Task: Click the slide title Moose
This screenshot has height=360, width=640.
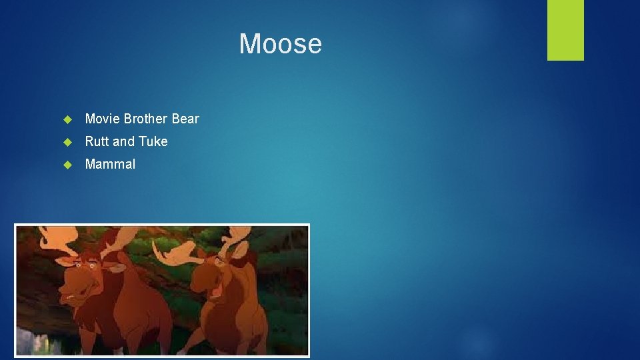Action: pyautogui.click(x=280, y=44)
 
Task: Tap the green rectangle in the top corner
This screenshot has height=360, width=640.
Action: pyautogui.click(x=565, y=29)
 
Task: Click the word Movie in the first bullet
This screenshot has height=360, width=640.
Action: pyautogui.click(x=103, y=119)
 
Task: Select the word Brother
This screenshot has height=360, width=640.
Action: pyautogui.click(x=145, y=119)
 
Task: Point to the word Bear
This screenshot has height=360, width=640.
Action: pyautogui.click(x=185, y=119)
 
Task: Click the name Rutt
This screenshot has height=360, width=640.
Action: pyautogui.click(x=97, y=141)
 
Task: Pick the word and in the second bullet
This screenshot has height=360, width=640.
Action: pyautogui.click(x=124, y=141)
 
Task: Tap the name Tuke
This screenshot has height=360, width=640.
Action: pyautogui.click(x=153, y=141)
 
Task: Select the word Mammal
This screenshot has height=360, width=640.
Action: pyautogui.click(x=110, y=164)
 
